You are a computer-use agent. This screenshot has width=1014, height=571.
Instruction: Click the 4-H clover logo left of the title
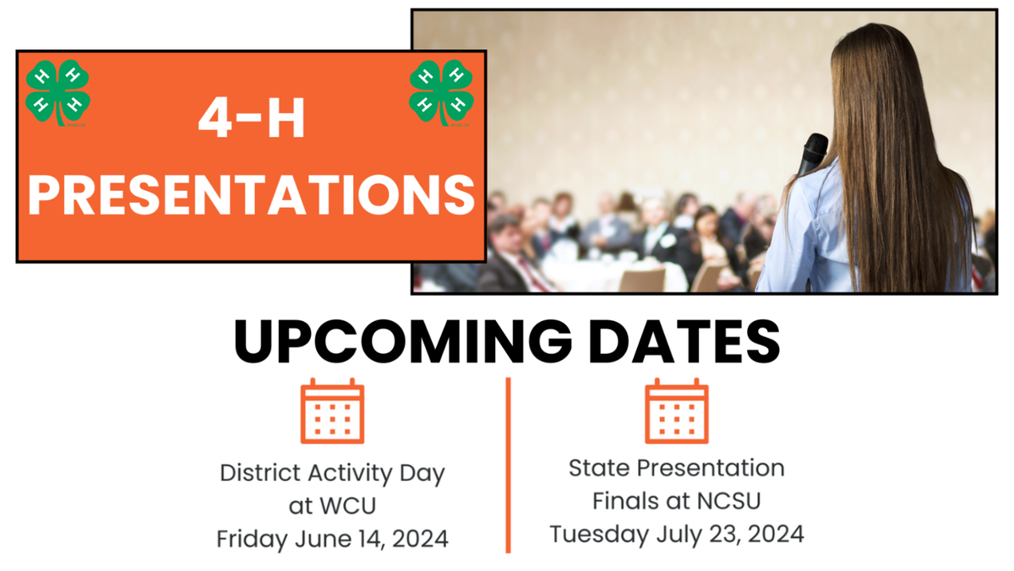pos(57,93)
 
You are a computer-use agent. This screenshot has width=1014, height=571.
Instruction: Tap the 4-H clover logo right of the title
pos(441,93)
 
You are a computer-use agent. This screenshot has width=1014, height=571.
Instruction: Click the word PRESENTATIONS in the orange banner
pos(251,194)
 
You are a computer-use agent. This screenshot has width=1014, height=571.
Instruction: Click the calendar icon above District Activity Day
pos(332,411)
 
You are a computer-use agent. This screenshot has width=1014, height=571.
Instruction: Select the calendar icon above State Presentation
pos(676,411)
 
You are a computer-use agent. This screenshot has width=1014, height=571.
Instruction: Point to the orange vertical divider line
pos(509,465)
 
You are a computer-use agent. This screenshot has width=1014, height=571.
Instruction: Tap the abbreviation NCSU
pos(731,501)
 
